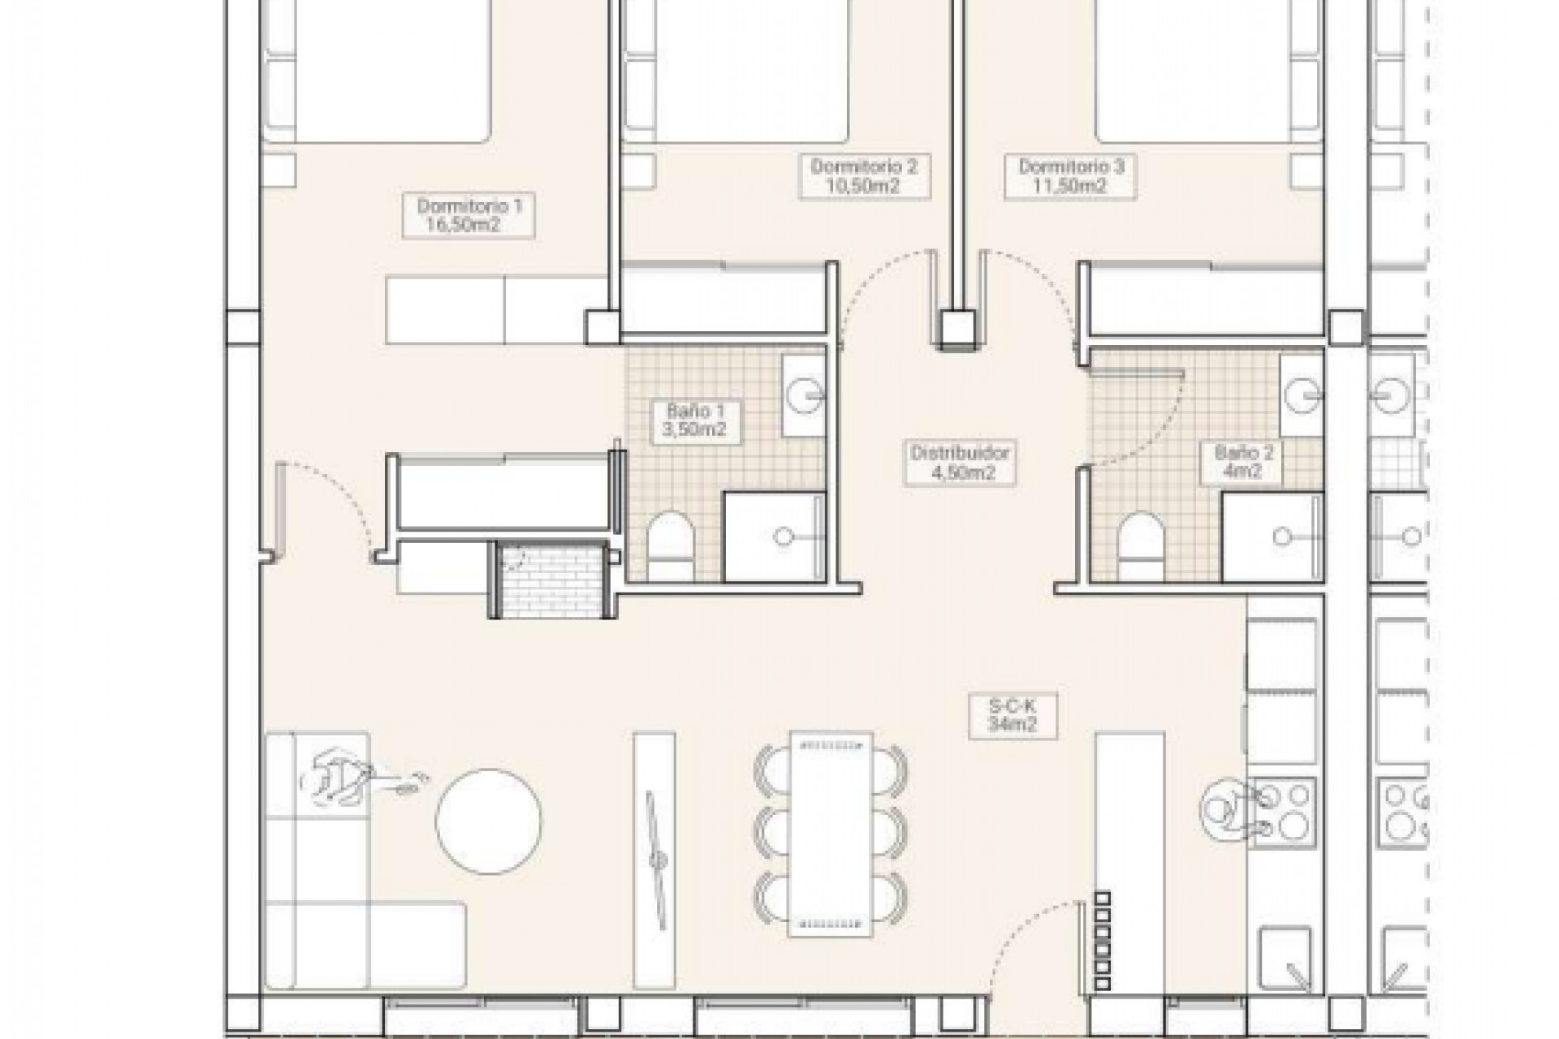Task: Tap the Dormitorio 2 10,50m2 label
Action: pyautogui.click(x=863, y=176)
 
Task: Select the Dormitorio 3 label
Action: pyautogui.click(x=1070, y=176)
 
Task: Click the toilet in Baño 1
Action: pyautogui.click(x=671, y=545)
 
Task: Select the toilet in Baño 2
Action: pyautogui.click(x=1140, y=545)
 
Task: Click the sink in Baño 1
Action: pyautogui.click(x=804, y=395)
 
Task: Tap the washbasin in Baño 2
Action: pyautogui.click(x=1302, y=395)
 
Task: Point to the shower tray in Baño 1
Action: pyautogui.click(x=775, y=537)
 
